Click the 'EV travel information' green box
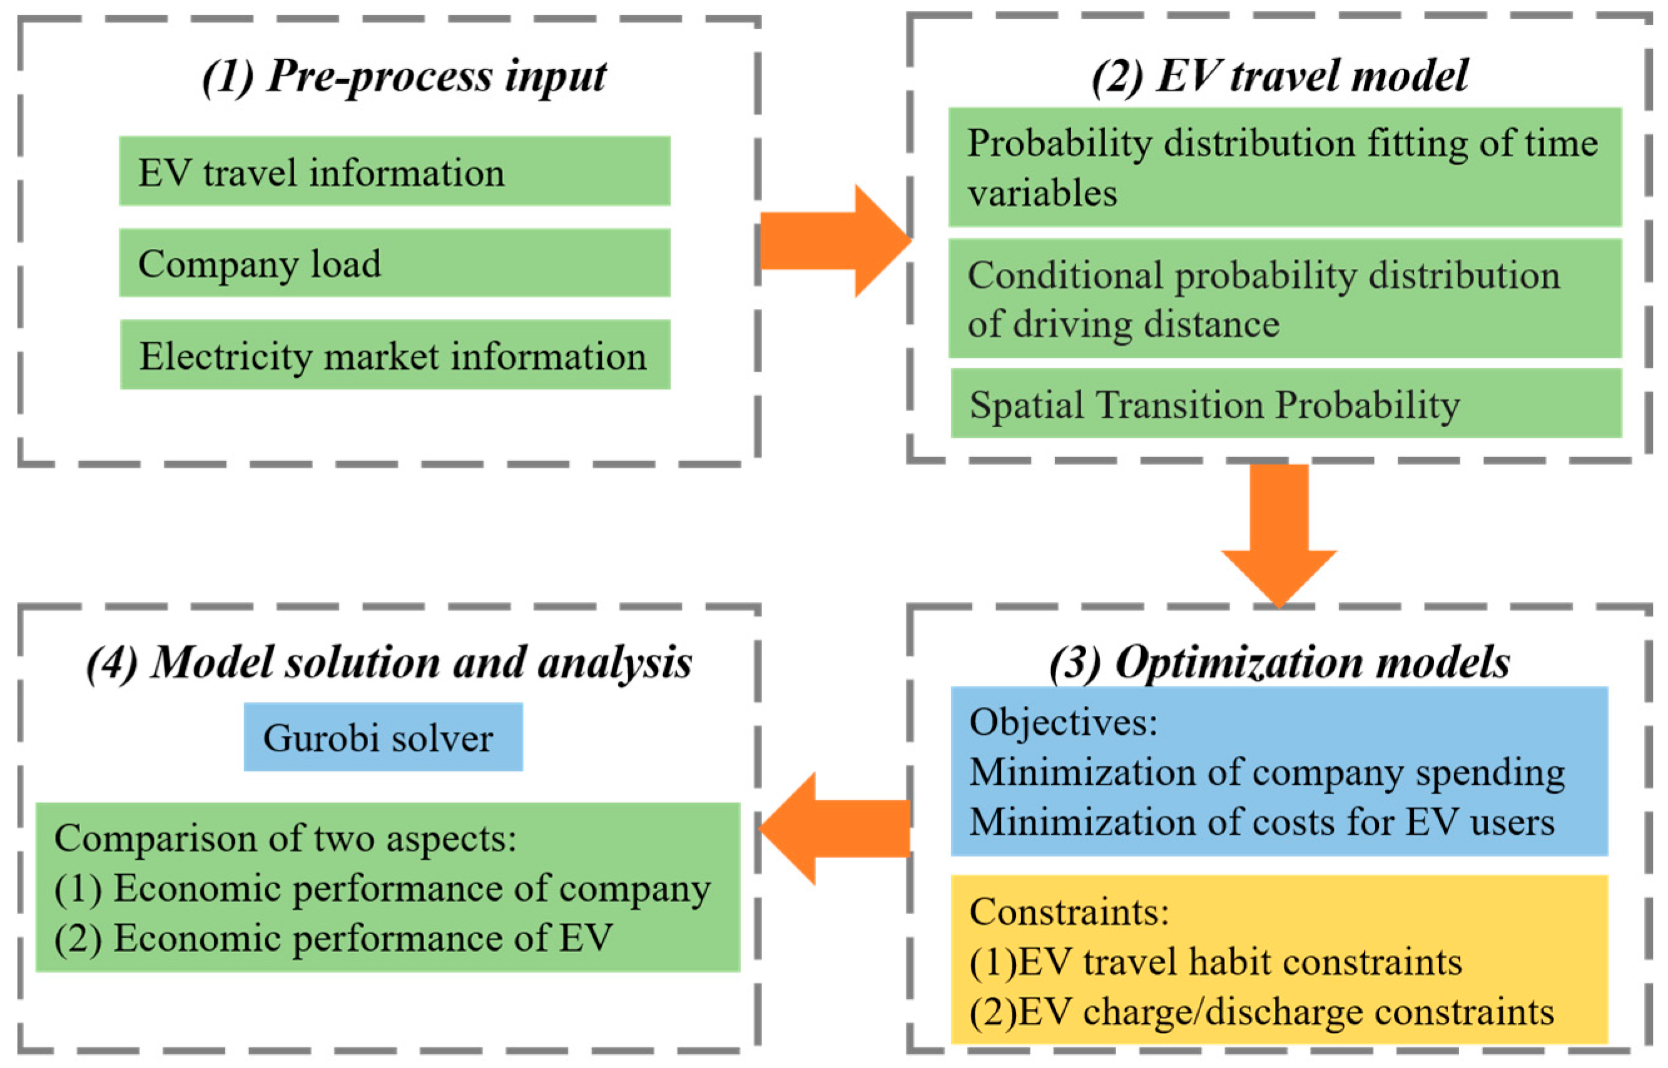[394, 171]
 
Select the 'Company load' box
[394, 263]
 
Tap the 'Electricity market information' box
[394, 355]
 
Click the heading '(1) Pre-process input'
[404, 76]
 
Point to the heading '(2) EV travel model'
[1279, 76]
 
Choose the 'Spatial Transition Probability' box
[1285, 403]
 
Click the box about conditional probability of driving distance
[1285, 299]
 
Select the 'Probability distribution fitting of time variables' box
[1285, 167]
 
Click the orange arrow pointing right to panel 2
[833, 241]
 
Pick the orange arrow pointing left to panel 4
[836, 828]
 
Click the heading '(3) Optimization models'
[1279, 662]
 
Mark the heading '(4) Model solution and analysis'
[389, 662]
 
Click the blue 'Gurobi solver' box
[383, 737]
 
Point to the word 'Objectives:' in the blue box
[1063, 722]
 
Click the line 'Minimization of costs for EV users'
[1261, 822]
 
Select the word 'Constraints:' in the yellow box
[1069, 911]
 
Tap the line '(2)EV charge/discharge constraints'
[1261, 1012]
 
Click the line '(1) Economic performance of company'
[382, 889]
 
